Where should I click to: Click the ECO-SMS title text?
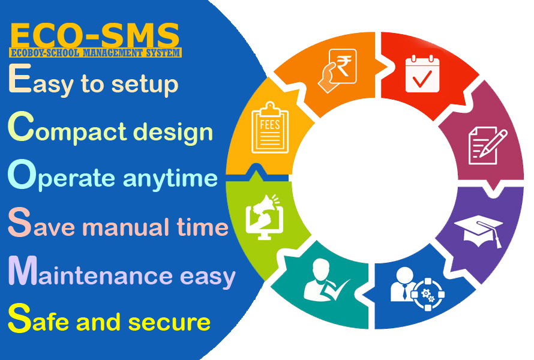pyautogui.click(x=95, y=36)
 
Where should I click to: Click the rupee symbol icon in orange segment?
pyautogui.click(x=338, y=70)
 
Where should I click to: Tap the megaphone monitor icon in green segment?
pyautogui.click(x=264, y=216)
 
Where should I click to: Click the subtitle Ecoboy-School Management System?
pyautogui.click(x=95, y=53)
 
